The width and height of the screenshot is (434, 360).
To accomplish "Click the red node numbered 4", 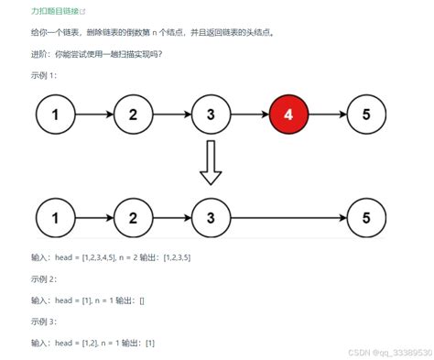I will click(x=288, y=115).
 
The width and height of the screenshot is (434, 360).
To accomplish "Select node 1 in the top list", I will click(x=55, y=115).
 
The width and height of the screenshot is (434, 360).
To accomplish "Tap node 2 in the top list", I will click(x=134, y=115).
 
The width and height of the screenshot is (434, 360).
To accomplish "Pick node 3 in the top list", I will click(x=211, y=115).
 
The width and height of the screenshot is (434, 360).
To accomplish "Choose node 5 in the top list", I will click(x=366, y=115).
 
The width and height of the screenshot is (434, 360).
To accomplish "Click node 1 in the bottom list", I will click(x=55, y=218).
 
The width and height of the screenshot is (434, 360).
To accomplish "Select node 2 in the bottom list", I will click(x=134, y=218).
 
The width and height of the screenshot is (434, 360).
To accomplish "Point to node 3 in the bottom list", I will click(x=211, y=218).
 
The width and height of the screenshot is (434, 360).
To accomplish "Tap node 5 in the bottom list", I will click(x=366, y=218).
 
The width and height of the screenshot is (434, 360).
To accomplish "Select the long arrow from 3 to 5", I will click(x=288, y=218).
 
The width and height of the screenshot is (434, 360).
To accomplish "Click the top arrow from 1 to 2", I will click(x=94, y=115).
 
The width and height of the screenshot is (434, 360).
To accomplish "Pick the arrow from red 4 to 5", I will click(x=328, y=115).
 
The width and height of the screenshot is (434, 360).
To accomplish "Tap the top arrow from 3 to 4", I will click(x=249, y=115).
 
